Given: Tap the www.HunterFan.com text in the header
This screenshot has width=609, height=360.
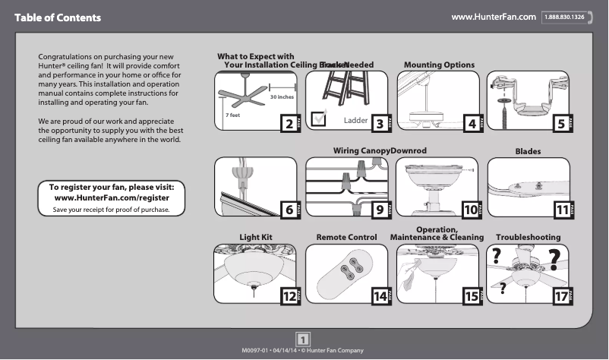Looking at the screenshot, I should [494, 17].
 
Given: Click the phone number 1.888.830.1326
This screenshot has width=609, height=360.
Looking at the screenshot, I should [566, 17].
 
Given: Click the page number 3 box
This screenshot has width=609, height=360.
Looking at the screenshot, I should [380, 124].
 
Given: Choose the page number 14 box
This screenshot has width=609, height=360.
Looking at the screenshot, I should [379, 297].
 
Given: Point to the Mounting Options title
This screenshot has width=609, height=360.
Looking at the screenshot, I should [439, 65].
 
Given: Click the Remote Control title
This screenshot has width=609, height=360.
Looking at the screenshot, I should [346, 238].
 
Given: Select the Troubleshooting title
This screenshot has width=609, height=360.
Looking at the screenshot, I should [528, 238].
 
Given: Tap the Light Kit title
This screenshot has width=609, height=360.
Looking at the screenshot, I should [256, 238].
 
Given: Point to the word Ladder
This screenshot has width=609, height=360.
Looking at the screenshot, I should [355, 121].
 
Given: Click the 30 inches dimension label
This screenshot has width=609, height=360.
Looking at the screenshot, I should [282, 98].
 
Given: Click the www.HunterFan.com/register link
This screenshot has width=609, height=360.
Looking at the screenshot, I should [112, 197].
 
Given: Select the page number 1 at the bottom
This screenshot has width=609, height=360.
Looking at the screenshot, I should [303, 339].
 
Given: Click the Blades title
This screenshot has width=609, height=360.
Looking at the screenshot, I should [528, 151].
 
